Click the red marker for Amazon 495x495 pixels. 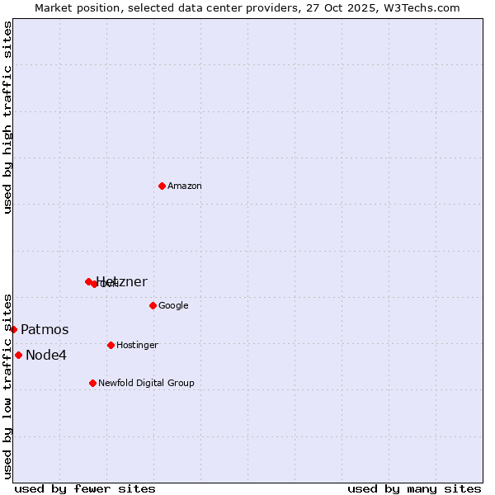pos(162,186)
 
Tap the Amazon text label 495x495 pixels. pos(184,186)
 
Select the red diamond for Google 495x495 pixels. pos(153,305)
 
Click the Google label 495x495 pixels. pos(173,306)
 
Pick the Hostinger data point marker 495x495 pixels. pos(111,345)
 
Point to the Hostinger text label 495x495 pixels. pos(137,346)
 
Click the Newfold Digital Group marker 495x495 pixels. pos(92,383)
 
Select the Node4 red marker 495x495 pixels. pos(18,355)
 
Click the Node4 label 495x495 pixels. pos(45,356)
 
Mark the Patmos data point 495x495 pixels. pos(13,329)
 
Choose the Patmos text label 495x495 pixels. pos(45,330)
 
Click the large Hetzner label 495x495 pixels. pos(122,282)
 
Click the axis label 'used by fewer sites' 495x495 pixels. pos(85,488)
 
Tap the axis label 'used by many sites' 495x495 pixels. pos(414,488)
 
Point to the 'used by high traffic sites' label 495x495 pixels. pos(7,117)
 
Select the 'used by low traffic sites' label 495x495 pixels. pos(7,385)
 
